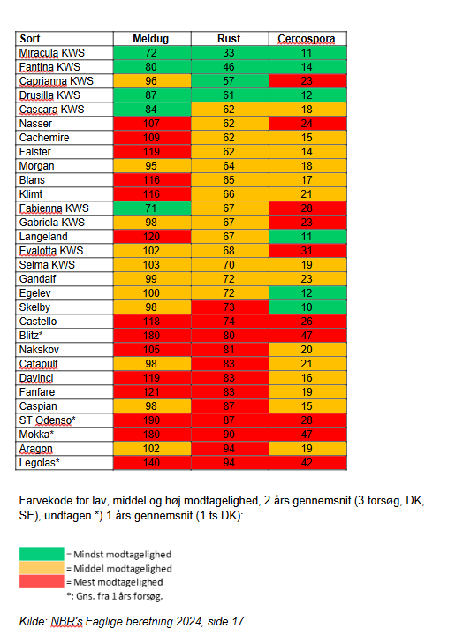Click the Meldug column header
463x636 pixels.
(x=150, y=39)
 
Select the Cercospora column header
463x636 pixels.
(x=307, y=39)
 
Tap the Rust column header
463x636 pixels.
(x=229, y=39)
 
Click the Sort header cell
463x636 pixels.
(x=30, y=39)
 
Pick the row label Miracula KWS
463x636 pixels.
(x=52, y=53)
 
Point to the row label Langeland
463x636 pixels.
(x=43, y=237)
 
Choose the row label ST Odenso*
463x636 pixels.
(x=48, y=420)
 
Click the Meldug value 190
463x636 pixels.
(x=151, y=420)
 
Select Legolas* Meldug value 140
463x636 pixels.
(x=151, y=463)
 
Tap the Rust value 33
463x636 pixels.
(x=229, y=53)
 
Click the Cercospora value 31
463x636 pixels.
(x=307, y=251)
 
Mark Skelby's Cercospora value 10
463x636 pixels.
(x=307, y=307)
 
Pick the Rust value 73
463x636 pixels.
(x=229, y=307)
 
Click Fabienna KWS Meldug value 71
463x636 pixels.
(x=150, y=208)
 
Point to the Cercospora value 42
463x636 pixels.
(x=307, y=463)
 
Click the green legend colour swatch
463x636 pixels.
(x=42, y=554)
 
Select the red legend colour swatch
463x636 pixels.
(x=42, y=581)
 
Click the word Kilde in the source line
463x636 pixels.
(x=33, y=621)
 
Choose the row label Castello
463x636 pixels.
(x=38, y=322)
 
